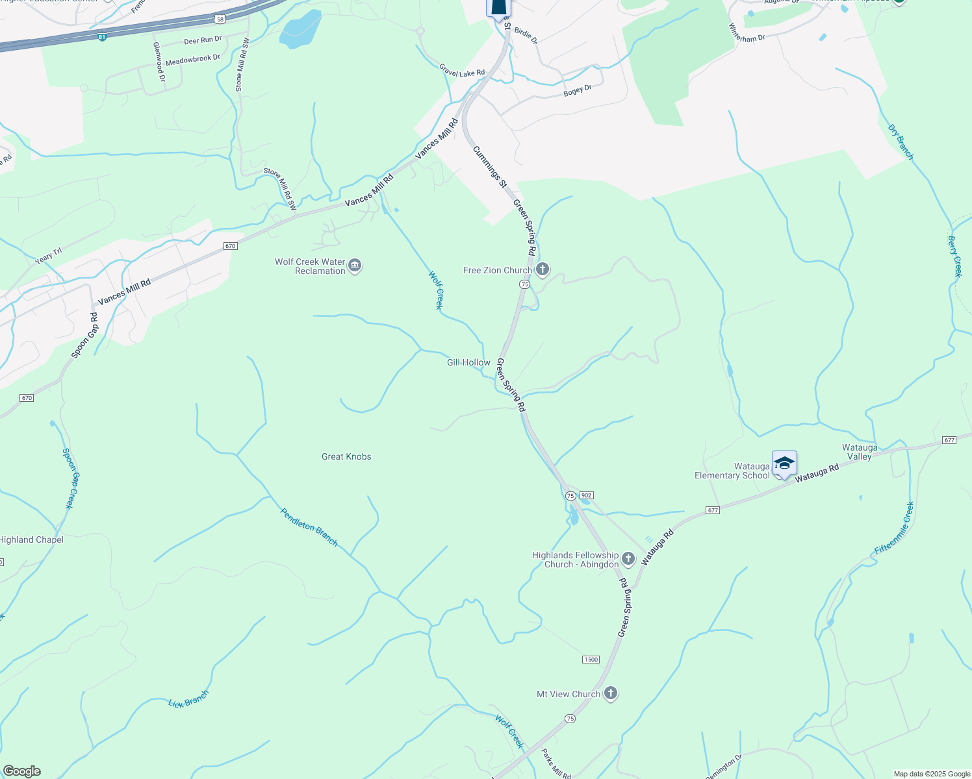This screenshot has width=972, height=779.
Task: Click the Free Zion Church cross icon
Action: click(543, 269)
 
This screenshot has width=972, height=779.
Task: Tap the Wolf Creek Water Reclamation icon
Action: click(355, 266)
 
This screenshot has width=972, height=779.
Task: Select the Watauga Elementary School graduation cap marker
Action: click(784, 464)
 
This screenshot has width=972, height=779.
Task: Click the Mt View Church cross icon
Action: click(610, 693)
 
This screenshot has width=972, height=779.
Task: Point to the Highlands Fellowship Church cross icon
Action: click(628, 558)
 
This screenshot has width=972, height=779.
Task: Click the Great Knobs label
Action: click(346, 457)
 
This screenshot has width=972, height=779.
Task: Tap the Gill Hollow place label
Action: click(468, 363)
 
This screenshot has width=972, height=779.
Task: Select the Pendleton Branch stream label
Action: click(309, 526)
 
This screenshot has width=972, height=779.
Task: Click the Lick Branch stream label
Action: click(188, 699)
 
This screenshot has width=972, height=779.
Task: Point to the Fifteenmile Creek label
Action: click(895, 528)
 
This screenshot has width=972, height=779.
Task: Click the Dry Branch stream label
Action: click(901, 142)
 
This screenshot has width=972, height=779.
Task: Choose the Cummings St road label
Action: click(490, 167)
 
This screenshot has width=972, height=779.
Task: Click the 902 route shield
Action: click(586, 495)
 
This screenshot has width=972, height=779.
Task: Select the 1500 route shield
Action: click(591, 660)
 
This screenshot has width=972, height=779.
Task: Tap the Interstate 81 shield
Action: click(102, 38)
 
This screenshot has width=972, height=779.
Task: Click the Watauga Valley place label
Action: click(860, 452)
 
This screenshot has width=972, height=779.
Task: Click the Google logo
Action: click(21, 771)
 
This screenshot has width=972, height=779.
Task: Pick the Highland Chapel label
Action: click(31, 540)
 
